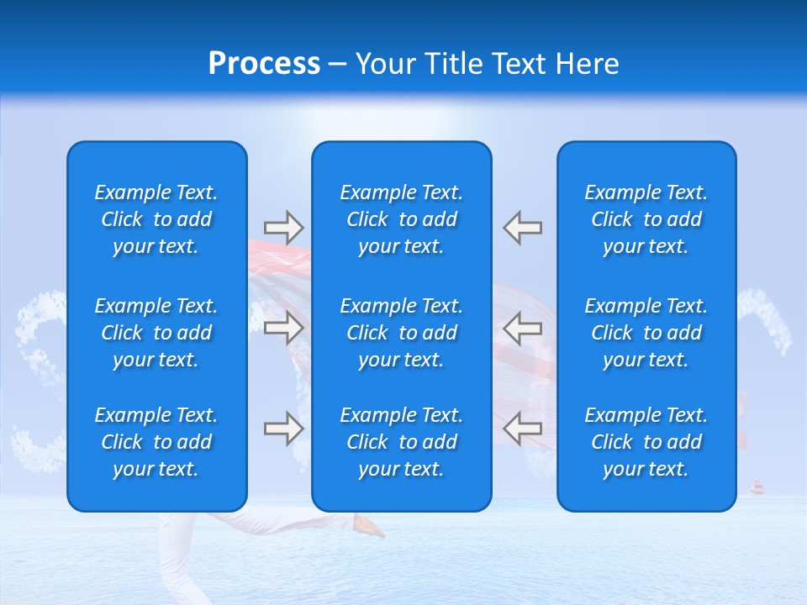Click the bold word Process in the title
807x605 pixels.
click(264, 64)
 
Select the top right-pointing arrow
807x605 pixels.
click(283, 227)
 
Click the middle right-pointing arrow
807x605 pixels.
click(283, 327)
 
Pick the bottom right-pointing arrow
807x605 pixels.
click(283, 428)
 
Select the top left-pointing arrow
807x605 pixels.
click(523, 227)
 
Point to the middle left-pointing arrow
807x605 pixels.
click(523, 327)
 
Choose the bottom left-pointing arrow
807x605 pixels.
click(523, 428)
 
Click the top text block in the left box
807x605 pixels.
click(156, 219)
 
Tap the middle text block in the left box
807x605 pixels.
click(156, 333)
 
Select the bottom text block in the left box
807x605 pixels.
click(156, 442)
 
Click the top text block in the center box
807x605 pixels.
click(402, 219)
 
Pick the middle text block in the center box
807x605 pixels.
click(402, 333)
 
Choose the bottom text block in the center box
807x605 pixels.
click(402, 442)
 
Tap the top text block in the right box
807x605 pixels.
click(646, 219)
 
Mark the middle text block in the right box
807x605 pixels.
click(646, 333)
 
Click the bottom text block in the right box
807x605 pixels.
click(646, 442)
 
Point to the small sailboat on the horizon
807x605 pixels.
click(757, 488)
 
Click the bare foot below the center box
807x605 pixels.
click(368, 527)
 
